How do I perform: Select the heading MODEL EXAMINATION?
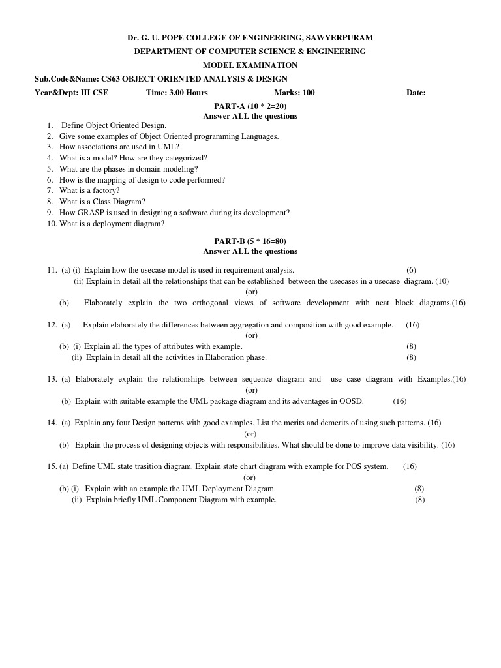(250, 65)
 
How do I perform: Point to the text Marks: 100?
(294, 93)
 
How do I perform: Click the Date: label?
(416, 93)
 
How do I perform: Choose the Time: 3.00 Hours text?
(177, 93)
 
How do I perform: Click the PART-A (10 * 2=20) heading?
(250, 106)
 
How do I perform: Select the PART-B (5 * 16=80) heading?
(250, 241)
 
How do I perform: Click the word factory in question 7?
(106, 190)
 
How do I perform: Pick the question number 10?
(52, 224)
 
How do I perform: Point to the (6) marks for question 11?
(411, 270)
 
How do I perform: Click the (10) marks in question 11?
(442, 281)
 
